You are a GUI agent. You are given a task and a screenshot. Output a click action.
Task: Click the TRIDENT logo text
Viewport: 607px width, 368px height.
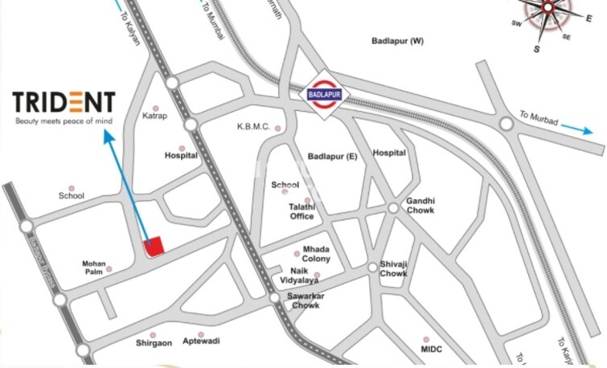click(64, 103)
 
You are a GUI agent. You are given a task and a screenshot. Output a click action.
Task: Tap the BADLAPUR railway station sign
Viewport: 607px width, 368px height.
click(324, 95)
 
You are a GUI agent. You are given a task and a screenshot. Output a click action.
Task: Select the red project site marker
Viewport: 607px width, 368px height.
click(153, 247)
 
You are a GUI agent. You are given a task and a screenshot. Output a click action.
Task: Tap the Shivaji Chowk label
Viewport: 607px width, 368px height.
click(393, 268)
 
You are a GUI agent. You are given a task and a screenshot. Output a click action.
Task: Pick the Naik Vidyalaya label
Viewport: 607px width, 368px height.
click(299, 276)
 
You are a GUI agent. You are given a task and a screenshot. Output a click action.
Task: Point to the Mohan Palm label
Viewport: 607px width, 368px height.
click(94, 268)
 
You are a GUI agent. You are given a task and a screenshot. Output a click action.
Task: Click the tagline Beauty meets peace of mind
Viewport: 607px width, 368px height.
click(63, 121)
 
